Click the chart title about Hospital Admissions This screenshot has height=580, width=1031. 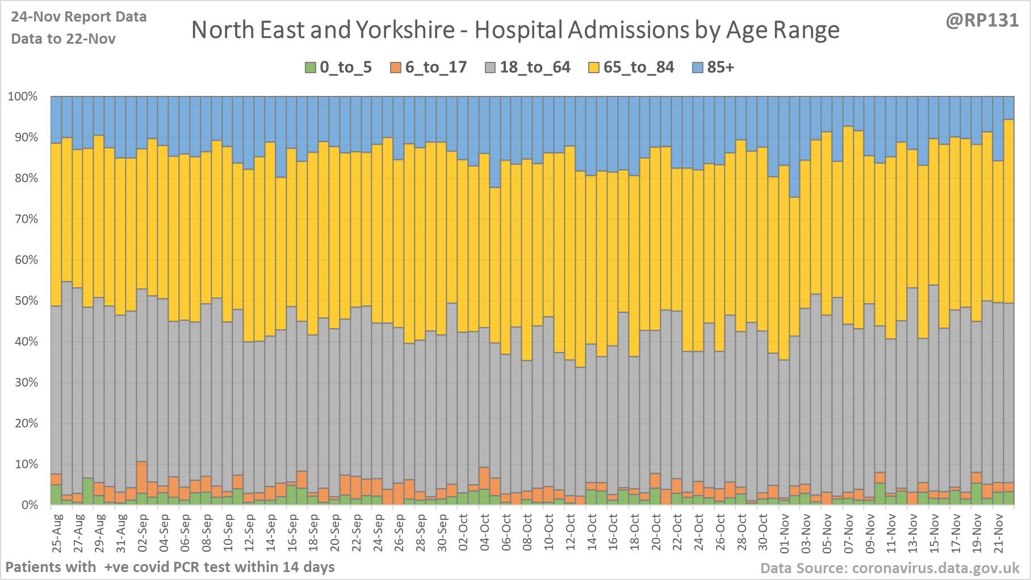pyautogui.click(x=515, y=30)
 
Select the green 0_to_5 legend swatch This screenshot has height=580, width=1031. pyautogui.click(x=311, y=68)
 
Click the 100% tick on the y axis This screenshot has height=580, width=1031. pyautogui.click(x=23, y=96)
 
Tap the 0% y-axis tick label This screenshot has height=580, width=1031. pyautogui.click(x=28, y=505)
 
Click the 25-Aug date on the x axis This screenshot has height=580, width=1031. pyautogui.click(x=57, y=532)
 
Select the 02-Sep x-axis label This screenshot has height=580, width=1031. pyautogui.click(x=143, y=532)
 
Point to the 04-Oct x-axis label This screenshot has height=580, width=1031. pyautogui.click(x=485, y=532)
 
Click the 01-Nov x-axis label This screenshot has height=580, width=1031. pyautogui.click(x=785, y=532)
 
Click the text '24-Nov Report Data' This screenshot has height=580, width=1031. pyautogui.click(x=79, y=17)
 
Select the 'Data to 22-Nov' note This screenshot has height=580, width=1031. pyautogui.click(x=64, y=39)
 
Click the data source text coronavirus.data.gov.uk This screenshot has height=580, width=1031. pyautogui.click(x=890, y=568)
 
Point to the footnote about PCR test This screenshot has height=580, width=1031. pyautogui.click(x=170, y=567)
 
